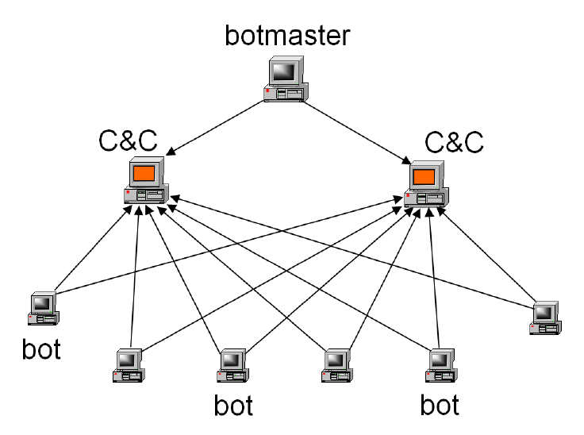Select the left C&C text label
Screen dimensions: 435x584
[x=127, y=141]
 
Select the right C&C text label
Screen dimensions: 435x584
[x=455, y=142]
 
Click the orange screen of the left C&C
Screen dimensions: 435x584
[x=144, y=172]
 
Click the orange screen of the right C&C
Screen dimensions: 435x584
[x=424, y=175]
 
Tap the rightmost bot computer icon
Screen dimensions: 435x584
[x=546, y=316]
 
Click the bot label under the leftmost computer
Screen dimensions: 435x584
[x=40, y=349]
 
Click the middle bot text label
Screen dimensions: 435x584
[x=233, y=406]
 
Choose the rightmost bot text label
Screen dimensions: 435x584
[x=440, y=406]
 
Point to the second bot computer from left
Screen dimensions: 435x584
[x=128, y=364]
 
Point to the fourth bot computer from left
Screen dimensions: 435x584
[x=337, y=364]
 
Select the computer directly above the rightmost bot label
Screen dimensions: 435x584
[x=440, y=364]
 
